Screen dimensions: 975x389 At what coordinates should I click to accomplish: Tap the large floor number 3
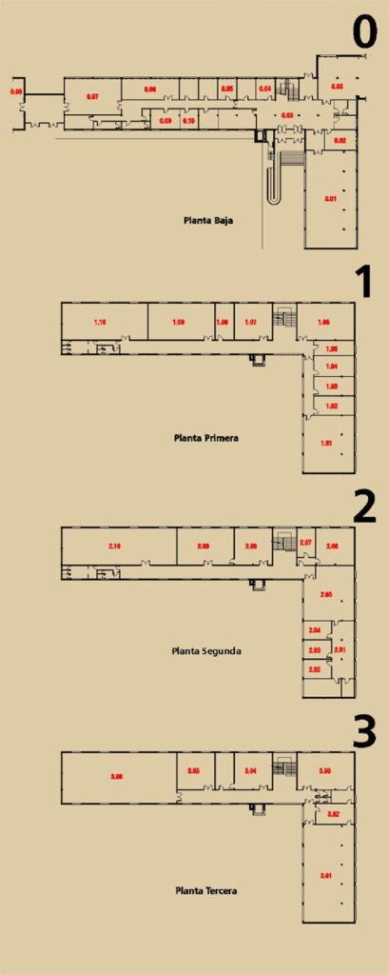[x=365, y=730]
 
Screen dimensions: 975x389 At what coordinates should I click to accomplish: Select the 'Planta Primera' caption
[x=205, y=439]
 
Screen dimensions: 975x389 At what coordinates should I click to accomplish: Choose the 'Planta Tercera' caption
[x=205, y=891]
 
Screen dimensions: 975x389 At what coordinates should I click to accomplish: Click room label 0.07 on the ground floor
[x=93, y=96]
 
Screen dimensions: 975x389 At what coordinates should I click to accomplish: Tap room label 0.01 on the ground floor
[x=329, y=198]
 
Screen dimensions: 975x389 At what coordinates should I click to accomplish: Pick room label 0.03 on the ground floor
[x=337, y=87]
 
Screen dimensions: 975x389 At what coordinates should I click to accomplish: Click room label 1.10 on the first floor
[x=100, y=323]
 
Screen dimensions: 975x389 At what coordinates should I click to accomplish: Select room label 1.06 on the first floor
[x=323, y=323]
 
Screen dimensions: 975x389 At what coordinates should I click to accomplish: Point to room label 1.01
[x=327, y=443]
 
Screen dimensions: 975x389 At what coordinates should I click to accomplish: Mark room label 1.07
[x=250, y=323]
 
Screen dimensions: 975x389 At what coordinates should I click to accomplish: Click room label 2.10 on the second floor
[x=114, y=546]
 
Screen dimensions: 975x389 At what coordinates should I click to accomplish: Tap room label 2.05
[x=326, y=595]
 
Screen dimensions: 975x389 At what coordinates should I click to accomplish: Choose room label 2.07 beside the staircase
[x=305, y=543]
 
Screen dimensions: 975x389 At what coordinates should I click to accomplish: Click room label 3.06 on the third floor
[x=117, y=777]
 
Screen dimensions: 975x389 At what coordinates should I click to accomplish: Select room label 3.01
[x=326, y=875]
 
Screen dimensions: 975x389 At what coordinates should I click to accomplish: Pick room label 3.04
[x=250, y=770]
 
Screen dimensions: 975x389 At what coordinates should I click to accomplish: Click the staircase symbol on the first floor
[x=282, y=317]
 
